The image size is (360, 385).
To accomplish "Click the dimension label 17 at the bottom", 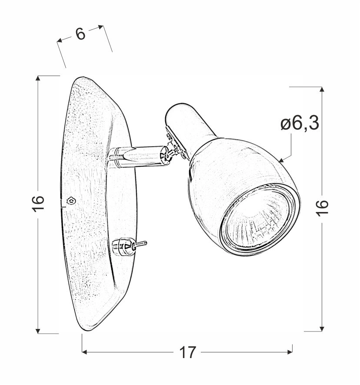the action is coord(188,352).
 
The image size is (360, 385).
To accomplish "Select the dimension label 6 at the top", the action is coord(80,34).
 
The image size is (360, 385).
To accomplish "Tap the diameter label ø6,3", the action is coord(300,123).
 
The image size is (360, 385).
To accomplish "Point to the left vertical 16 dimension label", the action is coord(38,203).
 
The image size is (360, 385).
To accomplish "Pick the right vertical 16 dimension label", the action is coord(322,208).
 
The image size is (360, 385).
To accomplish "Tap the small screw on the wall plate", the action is coord(71,201).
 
